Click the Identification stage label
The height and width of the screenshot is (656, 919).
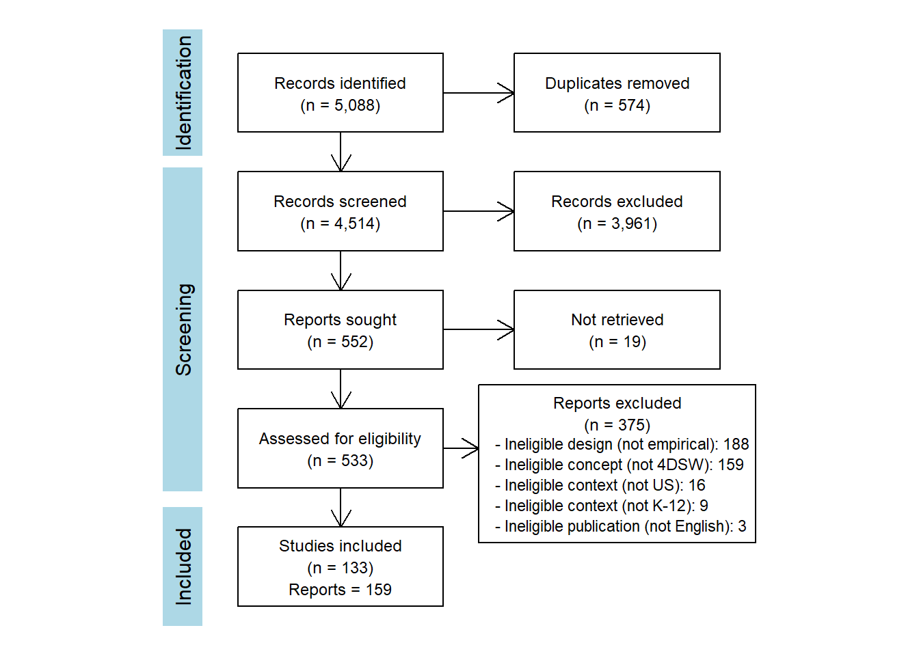tap(183, 93)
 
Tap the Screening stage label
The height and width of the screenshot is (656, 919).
tap(183, 329)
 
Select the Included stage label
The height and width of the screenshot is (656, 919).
tap(183, 566)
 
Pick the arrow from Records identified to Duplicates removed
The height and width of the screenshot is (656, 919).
tap(479, 93)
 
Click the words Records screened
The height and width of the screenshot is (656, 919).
tap(340, 202)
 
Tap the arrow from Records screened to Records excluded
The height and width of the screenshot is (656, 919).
tap(479, 211)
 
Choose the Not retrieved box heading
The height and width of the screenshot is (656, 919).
tap(617, 320)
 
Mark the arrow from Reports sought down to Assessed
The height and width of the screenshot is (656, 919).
tap(341, 389)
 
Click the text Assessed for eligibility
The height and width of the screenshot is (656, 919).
tap(340, 439)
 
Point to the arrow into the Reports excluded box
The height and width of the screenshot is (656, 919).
tap(461, 448)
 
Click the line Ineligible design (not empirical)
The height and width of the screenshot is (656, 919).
tap(622, 444)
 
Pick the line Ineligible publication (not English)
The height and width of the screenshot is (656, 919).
tap(621, 526)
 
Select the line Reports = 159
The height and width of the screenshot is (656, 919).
tap(340, 590)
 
